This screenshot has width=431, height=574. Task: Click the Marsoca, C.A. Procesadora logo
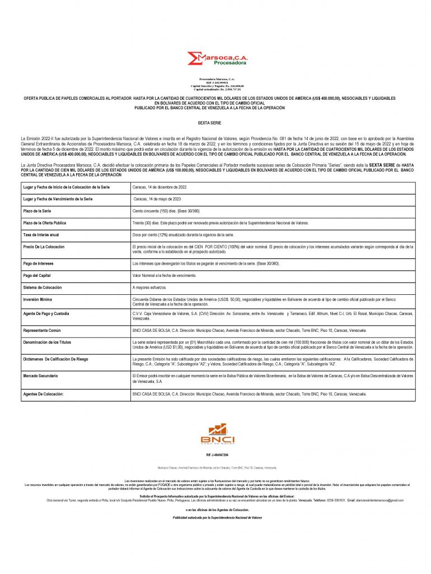click(x=218, y=59)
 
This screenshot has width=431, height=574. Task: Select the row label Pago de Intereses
click(x=38, y=263)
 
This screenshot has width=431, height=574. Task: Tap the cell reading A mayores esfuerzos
click(x=151, y=287)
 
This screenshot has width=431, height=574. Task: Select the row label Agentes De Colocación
click(x=43, y=395)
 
